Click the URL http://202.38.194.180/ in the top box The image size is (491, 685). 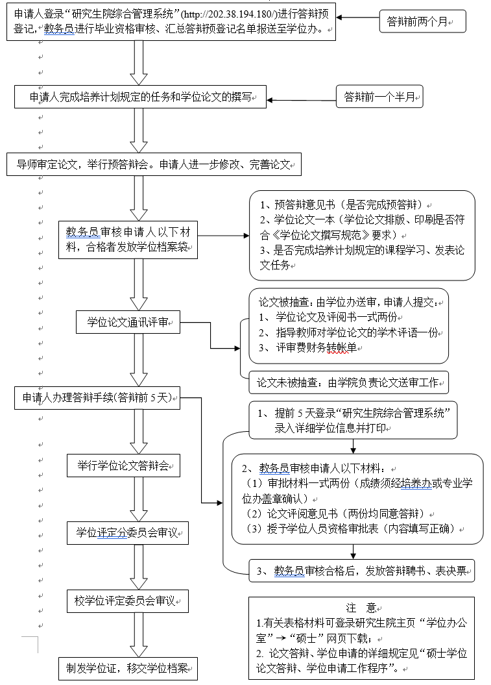pyautogui.click(x=222, y=14)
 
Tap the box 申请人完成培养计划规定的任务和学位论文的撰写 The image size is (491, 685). pyautogui.click(x=140, y=99)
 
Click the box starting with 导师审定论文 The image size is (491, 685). pyautogui.click(x=154, y=165)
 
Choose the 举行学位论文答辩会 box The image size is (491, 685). pyautogui.click(x=123, y=466)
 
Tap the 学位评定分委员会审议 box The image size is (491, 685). pyautogui.click(x=128, y=533)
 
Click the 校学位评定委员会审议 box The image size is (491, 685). pyautogui.click(x=128, y=601)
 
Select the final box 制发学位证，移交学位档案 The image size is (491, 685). pyautogui.click(x=128, y=667)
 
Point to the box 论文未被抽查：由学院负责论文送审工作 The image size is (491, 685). pyautogui.click(x=349, y=382)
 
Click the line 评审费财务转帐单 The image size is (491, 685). pyautogui.click(x=317, y=347)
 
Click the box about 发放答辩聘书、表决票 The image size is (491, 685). pyautogui.click(x=362, y=571)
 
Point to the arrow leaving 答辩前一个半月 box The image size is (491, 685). pyautogui.click(x=302, y=99)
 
